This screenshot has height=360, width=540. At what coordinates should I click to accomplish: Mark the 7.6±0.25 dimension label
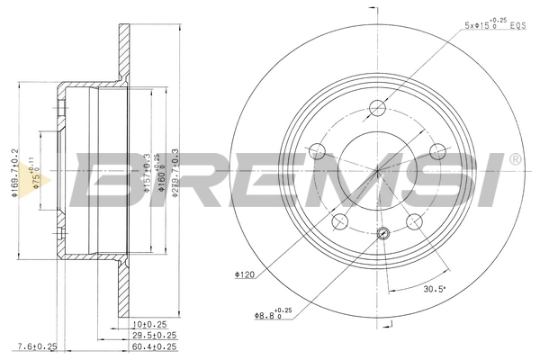coord(39,346)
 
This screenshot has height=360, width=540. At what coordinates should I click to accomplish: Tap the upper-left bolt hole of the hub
coord(316,151)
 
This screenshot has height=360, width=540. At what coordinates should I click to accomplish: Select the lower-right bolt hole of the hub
coord(416,221)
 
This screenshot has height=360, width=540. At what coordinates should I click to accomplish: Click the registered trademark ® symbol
coord(514,159)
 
